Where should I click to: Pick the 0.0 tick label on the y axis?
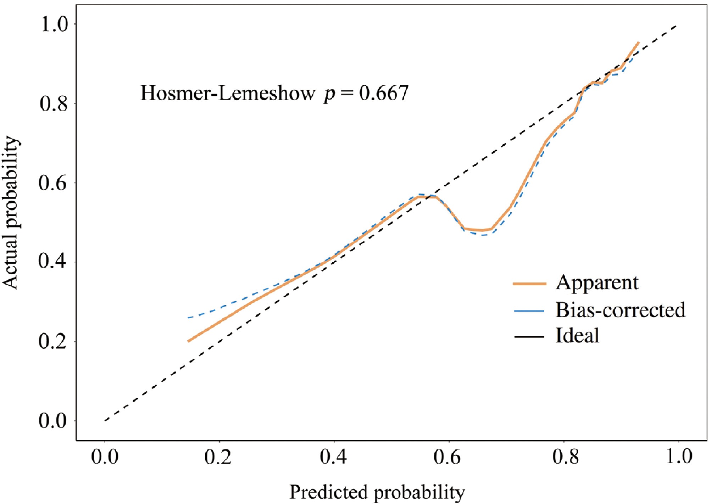tap(53, 421)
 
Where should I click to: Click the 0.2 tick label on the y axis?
tap(53, 342)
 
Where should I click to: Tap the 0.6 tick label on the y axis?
tap(53, 183)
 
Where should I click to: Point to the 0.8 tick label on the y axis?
tap(54, 103)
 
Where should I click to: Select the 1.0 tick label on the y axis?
tap(54, 24)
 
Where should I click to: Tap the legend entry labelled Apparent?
tap(597, 283)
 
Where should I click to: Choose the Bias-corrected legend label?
tap(621, 310)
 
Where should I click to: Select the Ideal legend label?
tap(577, 335)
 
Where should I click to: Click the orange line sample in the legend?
tap(530, 284)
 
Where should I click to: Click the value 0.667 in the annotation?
tap(384, 93)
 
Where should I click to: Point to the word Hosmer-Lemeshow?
tap(228, 93)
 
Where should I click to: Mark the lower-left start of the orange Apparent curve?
tap(188, 341)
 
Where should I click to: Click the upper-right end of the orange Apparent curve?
tap(639, 42)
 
